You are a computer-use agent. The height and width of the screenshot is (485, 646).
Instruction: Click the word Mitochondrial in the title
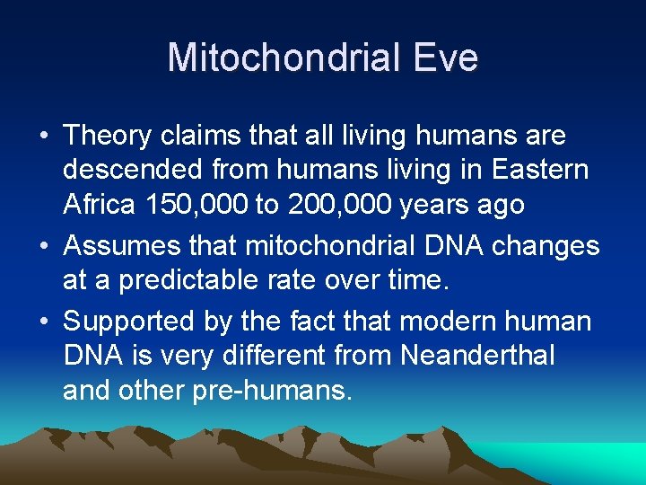pyautogui.click(x=280, y=57)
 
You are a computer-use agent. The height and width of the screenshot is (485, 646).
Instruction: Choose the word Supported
pyautogui.click(x=130, y=322)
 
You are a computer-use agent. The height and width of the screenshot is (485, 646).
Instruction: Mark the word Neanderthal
pyautogui.click(x=477, y=356)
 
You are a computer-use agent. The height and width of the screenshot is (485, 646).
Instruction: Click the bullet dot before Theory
pyautogui.click(x=44, y=137)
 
